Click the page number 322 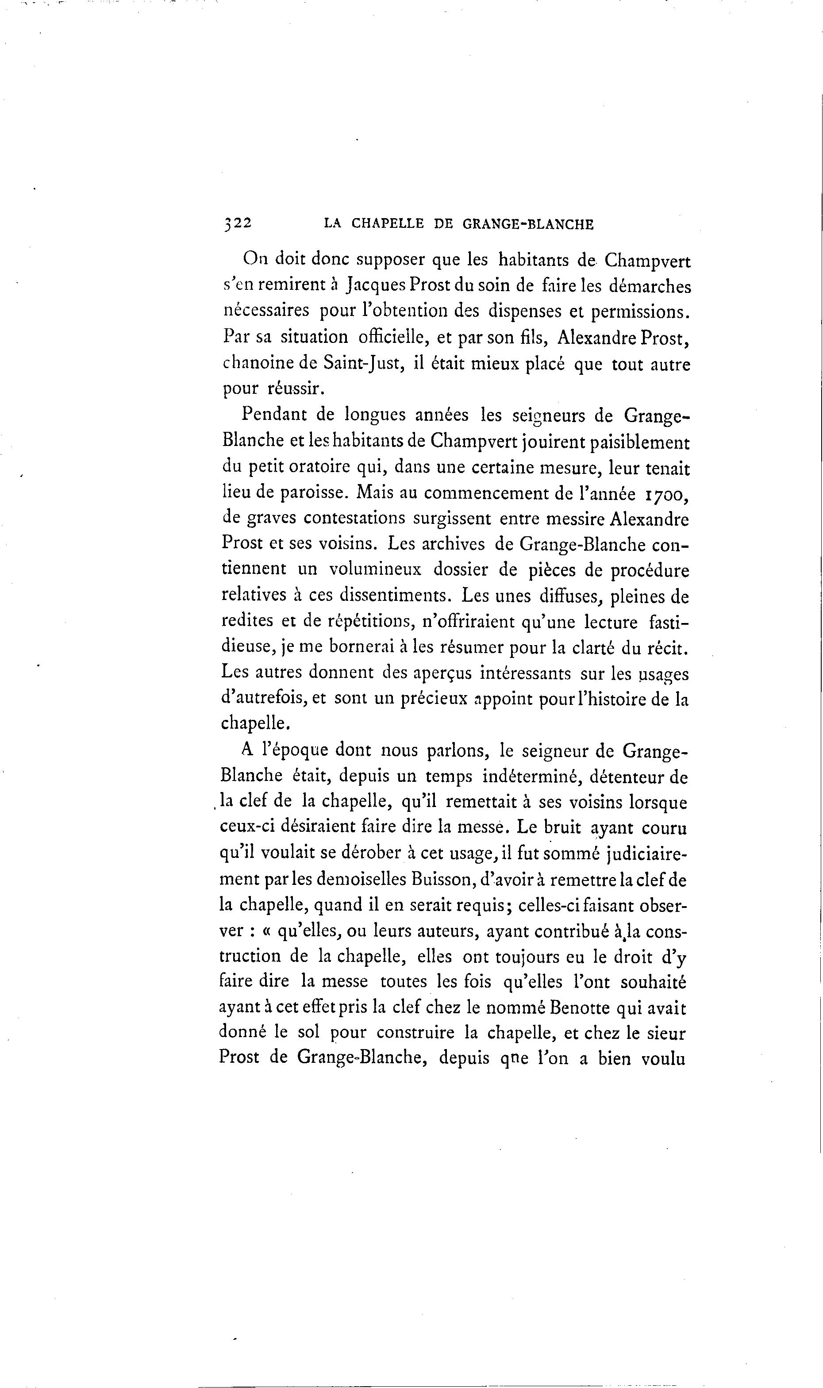coord(237,223)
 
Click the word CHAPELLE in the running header coord(388,224)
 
